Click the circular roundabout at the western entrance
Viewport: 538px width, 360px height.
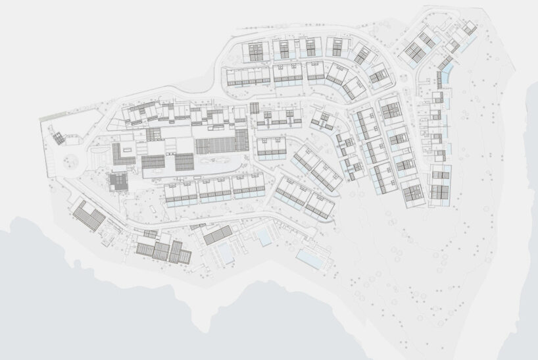(x=70, y=161)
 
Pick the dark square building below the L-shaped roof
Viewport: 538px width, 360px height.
(x=119, y=182)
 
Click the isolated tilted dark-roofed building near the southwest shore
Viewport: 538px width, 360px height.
(x=89, y=215)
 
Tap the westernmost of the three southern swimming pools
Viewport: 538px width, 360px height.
(x=224, y=250)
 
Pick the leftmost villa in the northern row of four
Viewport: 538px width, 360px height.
(x=255, y=50)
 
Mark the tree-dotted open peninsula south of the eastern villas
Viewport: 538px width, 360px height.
(x=421, y=263)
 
